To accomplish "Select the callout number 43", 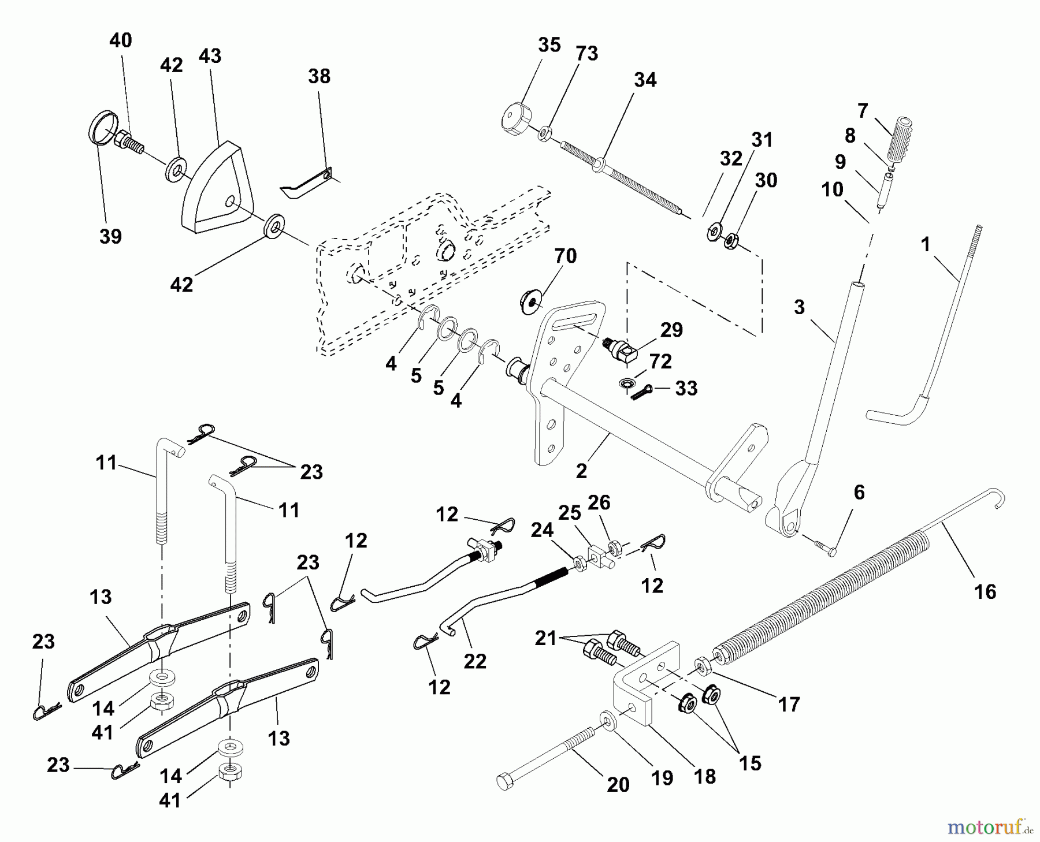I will (210, 56).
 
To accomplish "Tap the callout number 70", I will (565, 255).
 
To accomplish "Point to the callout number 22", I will (475, 661).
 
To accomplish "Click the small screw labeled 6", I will (826, 549).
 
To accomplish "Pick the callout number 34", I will (645, 80).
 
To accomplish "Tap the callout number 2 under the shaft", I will (581, 471).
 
